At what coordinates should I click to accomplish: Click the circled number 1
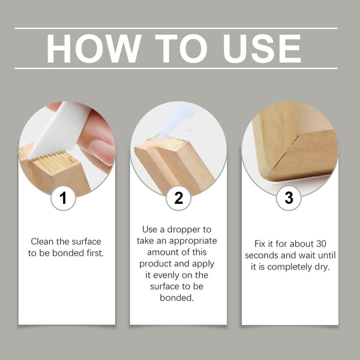63,198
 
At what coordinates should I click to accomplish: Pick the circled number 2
178,198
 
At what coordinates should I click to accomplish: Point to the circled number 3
289,198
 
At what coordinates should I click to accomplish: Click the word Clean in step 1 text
43,241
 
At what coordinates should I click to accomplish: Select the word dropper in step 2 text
192,230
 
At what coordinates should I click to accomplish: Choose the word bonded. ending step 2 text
178,298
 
